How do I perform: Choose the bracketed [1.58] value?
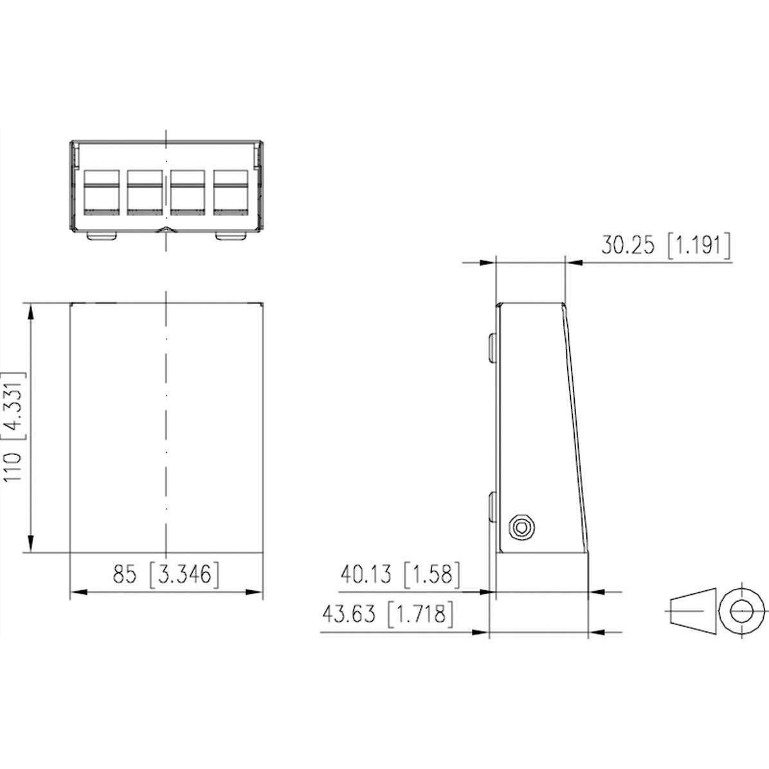coord(432,574)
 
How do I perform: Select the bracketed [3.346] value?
coord(185,574)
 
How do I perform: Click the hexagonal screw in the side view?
coord(520,528)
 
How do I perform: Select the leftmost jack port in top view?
coord(102,192)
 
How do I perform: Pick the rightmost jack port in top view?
coord(230,192)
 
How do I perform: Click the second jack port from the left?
coord(145,192)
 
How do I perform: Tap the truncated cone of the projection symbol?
coord(691,610)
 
